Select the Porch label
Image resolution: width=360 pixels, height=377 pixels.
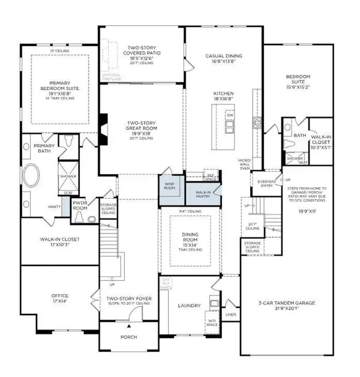[x=128, y=337]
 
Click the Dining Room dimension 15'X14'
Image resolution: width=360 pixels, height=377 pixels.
[x=190, y=246]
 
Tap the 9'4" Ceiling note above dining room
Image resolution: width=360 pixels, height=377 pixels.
[x=190, y=211]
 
